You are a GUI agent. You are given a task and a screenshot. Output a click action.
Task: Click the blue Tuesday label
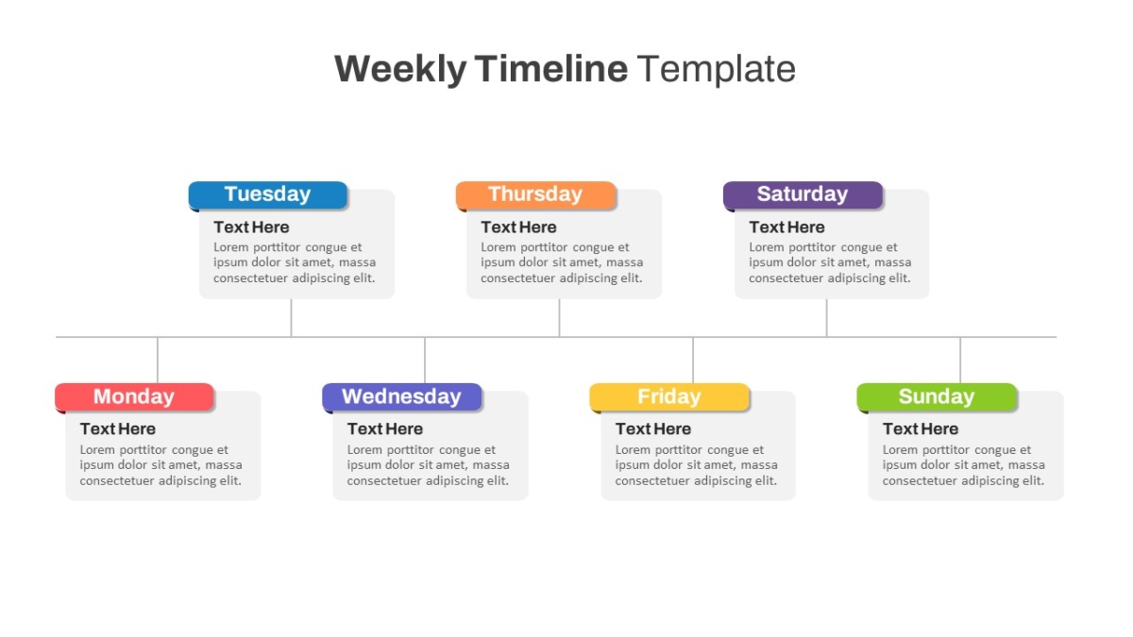(x=268, y=194)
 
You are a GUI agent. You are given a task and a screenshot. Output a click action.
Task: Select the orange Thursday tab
(x=535, y=194)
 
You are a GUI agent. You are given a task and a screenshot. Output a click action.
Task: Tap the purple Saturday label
(x=803, y=194)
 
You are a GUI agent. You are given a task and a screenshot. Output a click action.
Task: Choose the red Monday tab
(x=134, y=397)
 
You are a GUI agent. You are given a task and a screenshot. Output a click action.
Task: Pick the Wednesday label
(x=401, y=397)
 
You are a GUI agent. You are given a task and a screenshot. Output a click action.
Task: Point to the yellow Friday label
(x=669, y=397)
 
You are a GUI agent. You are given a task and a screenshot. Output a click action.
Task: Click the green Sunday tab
(x=937, y=397)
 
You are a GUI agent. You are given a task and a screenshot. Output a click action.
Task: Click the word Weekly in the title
(x=400, y=69)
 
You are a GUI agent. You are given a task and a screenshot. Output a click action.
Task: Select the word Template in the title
(x=717, y=69)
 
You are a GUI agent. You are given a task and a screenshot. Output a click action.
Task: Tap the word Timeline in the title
(x=551, y=68)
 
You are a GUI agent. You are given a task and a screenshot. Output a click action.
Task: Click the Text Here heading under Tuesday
(x=251, y=227)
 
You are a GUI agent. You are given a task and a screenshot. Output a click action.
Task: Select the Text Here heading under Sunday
(x=921, y=428)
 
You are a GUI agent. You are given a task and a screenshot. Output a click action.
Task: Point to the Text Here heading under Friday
(x=653, y=428)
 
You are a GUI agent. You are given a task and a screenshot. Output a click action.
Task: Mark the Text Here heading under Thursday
(x=518, y=227)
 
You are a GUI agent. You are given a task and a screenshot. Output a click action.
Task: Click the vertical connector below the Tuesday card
(x=291, y=317)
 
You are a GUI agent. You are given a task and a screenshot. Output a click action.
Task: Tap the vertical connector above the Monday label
(x=158, y=360)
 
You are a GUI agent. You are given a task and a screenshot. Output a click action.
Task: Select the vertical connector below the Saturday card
(x=827, y=317)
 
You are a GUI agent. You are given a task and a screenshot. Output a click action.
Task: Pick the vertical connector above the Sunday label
(x=960, y=360)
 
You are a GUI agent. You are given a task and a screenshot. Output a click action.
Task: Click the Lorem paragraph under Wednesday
(x=428, y=465)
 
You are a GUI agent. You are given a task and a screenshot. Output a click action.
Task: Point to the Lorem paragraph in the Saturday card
(x=830, y=262)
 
